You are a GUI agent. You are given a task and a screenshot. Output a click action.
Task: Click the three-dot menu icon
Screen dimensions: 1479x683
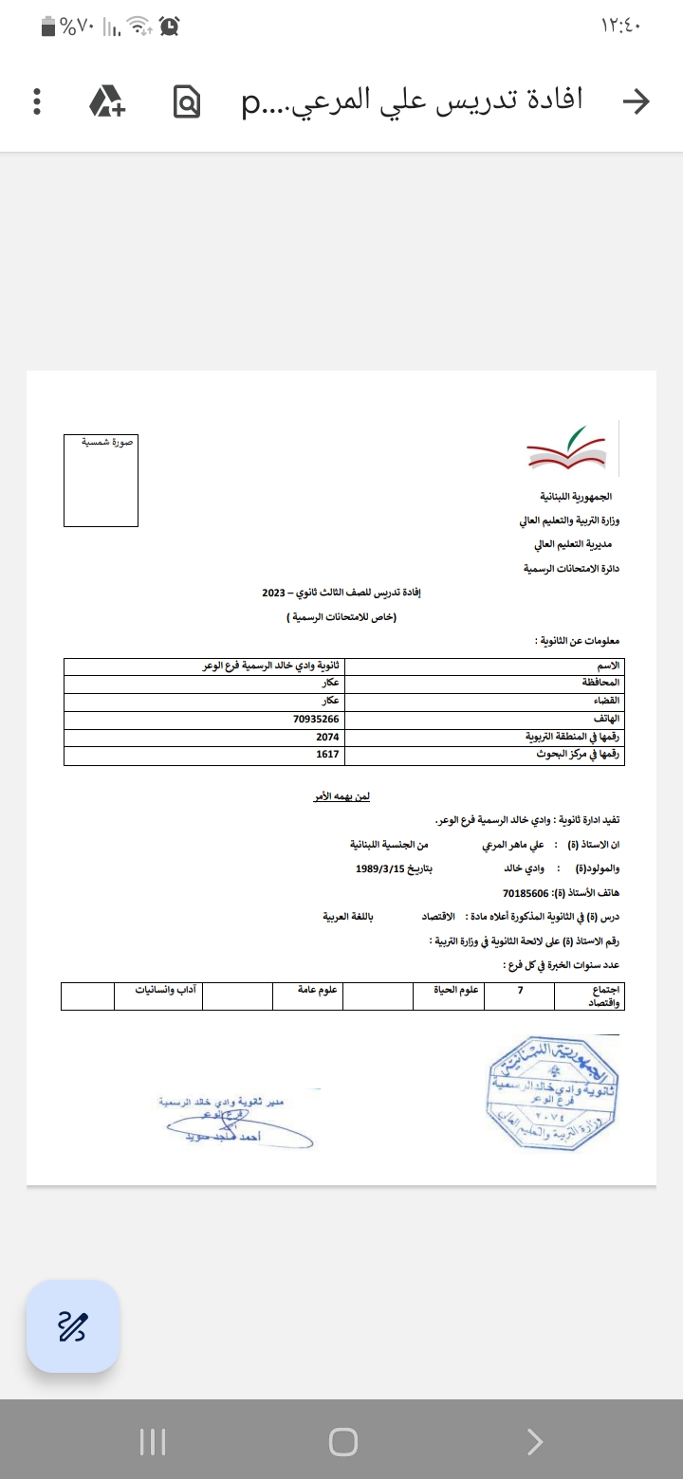pyautogui.click(x=37, y=101)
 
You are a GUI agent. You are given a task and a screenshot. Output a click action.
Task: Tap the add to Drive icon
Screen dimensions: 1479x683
pyautogui.click(x=106, y=101)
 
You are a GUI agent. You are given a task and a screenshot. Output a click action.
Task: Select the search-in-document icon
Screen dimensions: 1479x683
pyautogui.click(x=188, y=101)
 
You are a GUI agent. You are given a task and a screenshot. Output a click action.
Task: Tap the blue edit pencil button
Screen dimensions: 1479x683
pyautogui.click(x=73, y=1326)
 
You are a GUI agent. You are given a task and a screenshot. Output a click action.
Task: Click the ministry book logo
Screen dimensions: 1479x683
pyautogui.click(x=567, y=450)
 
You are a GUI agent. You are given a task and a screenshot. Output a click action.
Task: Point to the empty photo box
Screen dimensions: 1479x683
pyautogui.click(x=101, y=481)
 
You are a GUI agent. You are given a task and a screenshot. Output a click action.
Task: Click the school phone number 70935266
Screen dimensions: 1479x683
pyautogui.click(x=316, y=720)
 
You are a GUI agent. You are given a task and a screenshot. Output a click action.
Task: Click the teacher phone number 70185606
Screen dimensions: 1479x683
pyautogui.click(x=526, y=893)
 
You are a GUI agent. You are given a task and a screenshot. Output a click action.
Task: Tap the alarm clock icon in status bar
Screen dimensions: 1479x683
pyautogui.click(x=170, y=27)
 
